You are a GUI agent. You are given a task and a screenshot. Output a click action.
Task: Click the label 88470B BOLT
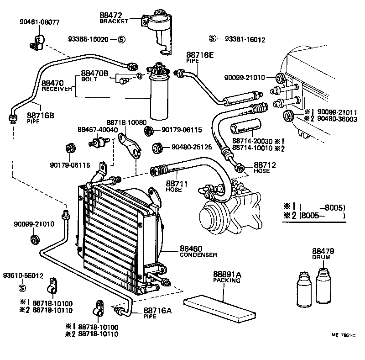point(94,76)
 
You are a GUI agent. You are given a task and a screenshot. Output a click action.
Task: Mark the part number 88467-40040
point(97,130)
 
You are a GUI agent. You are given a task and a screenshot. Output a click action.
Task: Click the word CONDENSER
point(198,255)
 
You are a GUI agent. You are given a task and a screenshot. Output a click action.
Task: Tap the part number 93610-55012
point(23,276)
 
